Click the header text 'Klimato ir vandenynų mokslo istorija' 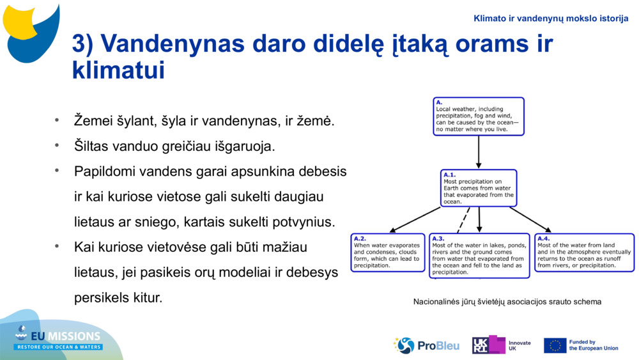click(x=551, y=19)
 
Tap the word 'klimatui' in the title click(x=118, y=70)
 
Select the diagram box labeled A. click(x=478, y=116)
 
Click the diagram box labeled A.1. click(x=479, y=188)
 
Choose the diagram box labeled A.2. click(x=388, y=253)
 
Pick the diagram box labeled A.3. click(x=479, y=255)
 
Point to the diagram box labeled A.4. click(x=584, y=253)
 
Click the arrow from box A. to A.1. click(x=479, y=152)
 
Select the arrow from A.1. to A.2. click(x=415, y=219)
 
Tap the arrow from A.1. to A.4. click(x=530, y=219)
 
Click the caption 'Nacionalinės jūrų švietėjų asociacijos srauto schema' click(x=507, y=302)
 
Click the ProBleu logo click(x=426, y=345)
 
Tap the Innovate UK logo click(x=501, y=345)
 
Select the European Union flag click(x=555, y=345)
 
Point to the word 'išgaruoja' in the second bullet click(x=247, y=146)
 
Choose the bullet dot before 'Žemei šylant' click(x=57, y=120)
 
